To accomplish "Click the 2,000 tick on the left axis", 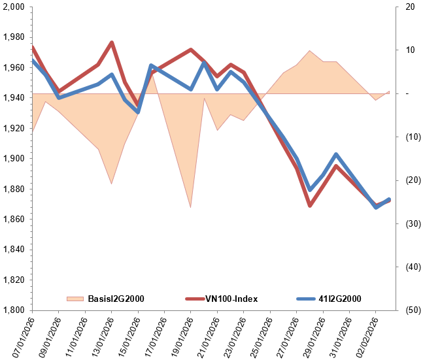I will pos(14,7).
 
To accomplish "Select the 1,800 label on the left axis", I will pos(14,310).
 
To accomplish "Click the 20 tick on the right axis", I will pos(409,7).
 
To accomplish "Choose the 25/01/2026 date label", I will pos(260,336).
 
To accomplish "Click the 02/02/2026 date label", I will pos(366,336).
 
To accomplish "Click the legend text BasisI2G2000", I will pos(116,299).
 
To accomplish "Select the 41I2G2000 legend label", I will pos(340,299).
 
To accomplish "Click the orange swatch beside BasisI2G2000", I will pos(76,299).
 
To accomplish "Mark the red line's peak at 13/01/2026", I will pos(112,42).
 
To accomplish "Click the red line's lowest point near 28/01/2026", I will pos(310,206).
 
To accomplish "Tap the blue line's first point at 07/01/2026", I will pos(33,61).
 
